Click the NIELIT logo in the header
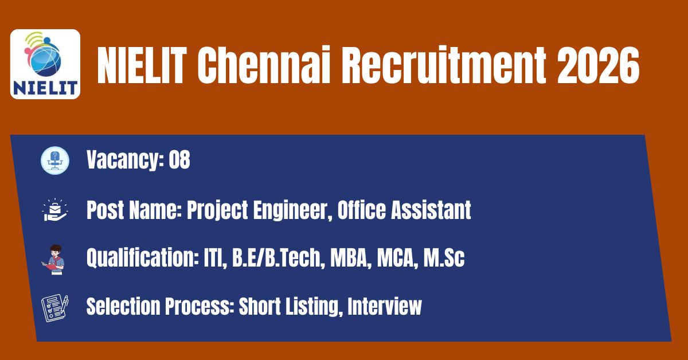(45, 64)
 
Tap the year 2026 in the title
(598, 65)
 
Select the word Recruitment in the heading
(444, 65)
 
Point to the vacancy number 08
(179, 160)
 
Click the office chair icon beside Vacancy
(55, 161)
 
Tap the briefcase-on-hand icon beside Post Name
(55, 210)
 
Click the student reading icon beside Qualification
(54, 260)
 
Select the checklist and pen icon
(55, 308)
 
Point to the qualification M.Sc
(444, 258)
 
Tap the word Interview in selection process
(385, 306)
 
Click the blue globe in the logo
(47, 60)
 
